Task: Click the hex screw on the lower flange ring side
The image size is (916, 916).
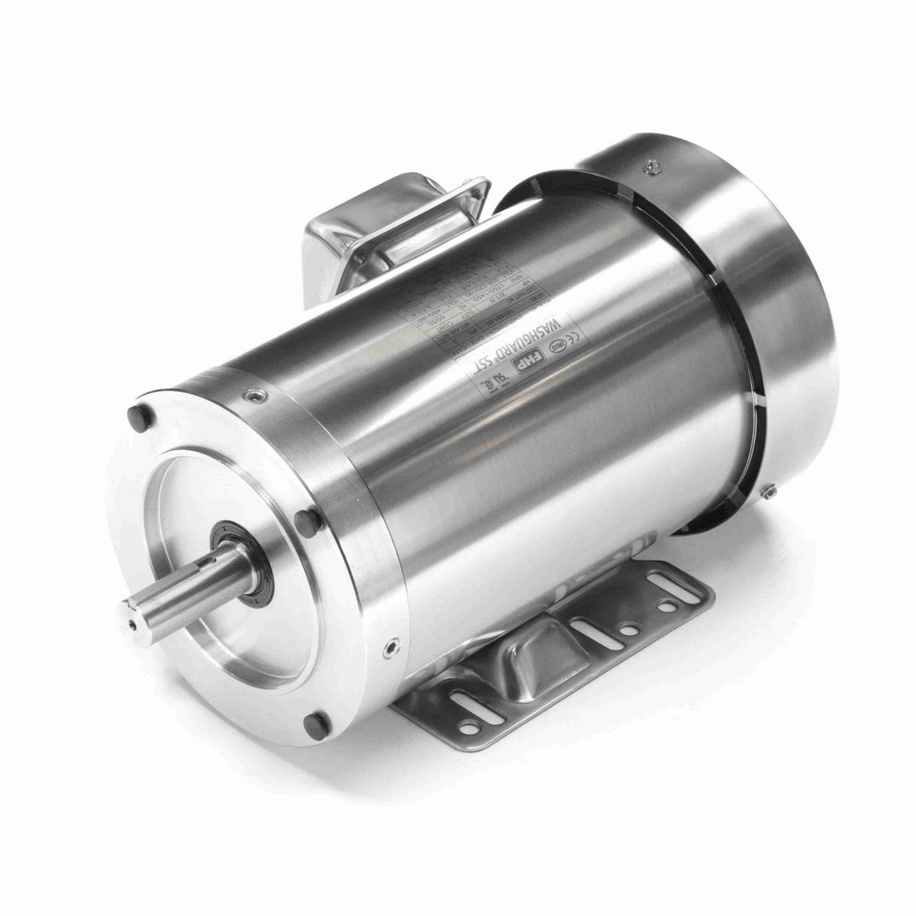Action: pos(392,647)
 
